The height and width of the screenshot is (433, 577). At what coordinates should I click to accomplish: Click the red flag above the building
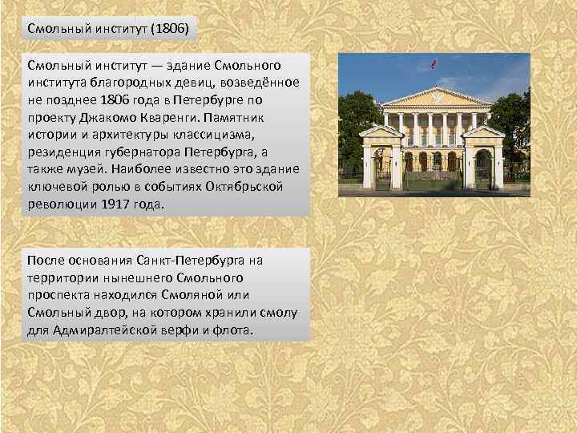pos(434,64)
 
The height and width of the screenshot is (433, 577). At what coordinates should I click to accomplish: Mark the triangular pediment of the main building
pos(434,96)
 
